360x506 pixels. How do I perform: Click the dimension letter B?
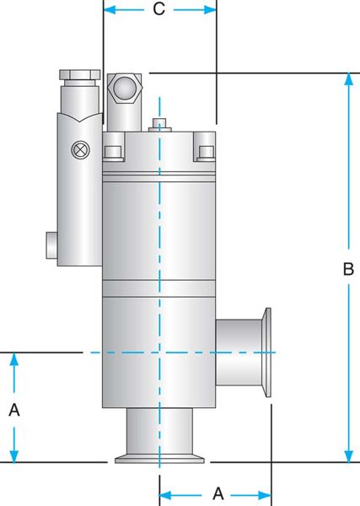347,272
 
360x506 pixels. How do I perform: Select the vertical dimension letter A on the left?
13,410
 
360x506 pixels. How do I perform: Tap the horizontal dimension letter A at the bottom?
217,492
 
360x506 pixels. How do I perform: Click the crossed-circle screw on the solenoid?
81,149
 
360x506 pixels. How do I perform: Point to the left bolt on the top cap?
110,152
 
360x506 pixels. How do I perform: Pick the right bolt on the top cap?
205,152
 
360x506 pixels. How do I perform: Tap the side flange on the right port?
272,352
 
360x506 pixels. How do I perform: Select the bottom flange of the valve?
159,458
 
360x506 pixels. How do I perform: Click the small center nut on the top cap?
159,126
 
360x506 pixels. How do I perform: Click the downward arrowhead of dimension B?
347,456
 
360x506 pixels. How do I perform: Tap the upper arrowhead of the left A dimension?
13,358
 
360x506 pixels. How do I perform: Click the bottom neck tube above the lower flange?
159,433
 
